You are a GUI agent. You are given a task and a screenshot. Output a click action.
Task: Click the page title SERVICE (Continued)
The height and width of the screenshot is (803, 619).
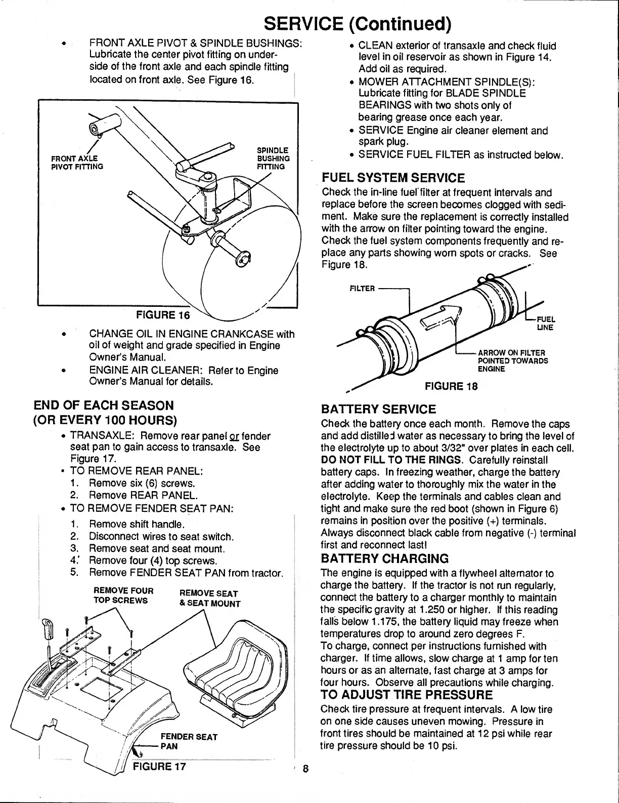click(358, 23)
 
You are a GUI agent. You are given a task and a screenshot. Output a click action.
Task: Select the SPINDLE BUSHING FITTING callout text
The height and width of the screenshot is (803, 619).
click(273, 158)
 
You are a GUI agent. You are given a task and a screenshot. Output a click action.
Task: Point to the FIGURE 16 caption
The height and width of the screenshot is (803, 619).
click(163, 315)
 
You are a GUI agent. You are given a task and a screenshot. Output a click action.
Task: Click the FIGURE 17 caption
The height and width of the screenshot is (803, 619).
click(159, 766)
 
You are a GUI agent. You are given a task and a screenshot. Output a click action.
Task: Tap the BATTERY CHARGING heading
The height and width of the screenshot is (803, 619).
click(385, 559)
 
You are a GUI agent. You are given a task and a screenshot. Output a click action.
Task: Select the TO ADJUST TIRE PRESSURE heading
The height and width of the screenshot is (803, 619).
click(407, 694)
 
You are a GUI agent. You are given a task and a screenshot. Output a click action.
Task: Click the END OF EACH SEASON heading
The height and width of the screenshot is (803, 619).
click(103, 405)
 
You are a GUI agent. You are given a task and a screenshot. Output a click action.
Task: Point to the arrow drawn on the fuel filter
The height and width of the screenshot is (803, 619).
click(444, 316)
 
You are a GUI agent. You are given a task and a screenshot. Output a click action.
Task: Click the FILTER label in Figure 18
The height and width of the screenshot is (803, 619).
click(362, 289)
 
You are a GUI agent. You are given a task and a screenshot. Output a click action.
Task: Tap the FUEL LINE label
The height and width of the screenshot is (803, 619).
click(546, 324)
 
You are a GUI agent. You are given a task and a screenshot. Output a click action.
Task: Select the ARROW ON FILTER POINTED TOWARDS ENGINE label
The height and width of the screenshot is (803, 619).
click(511, 360)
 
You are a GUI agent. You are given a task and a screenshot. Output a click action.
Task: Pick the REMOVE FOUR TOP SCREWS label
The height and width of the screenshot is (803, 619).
click(123, 595)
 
